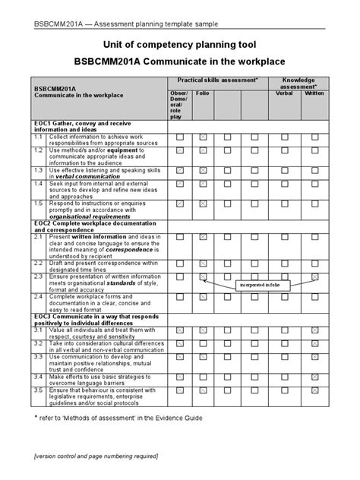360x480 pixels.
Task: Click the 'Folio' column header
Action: pos(202,93)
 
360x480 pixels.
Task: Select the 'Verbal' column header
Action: pos(283,93)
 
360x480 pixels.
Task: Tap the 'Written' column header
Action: pos(314,93)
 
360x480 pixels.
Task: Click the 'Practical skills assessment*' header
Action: pos(218,80)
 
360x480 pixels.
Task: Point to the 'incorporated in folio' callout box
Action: pos(257,286)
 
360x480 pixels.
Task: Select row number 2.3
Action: pos(37,276)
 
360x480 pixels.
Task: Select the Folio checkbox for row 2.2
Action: pos(203,262)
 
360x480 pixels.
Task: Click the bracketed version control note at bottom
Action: pos(96,456)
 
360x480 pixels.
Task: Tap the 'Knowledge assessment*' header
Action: pos(298,84)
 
